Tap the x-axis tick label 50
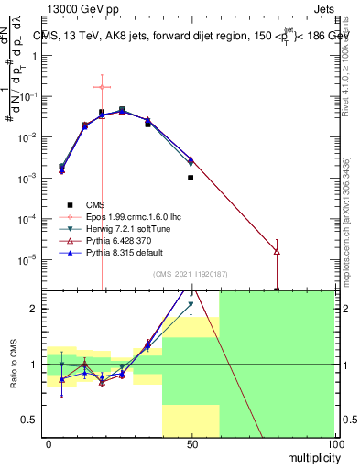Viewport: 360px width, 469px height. coord(191,443)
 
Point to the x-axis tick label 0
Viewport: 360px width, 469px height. coord(49,443)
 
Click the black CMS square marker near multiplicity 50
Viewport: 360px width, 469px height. coord(191,178)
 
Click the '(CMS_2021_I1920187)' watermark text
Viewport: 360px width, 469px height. coord(191,274)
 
